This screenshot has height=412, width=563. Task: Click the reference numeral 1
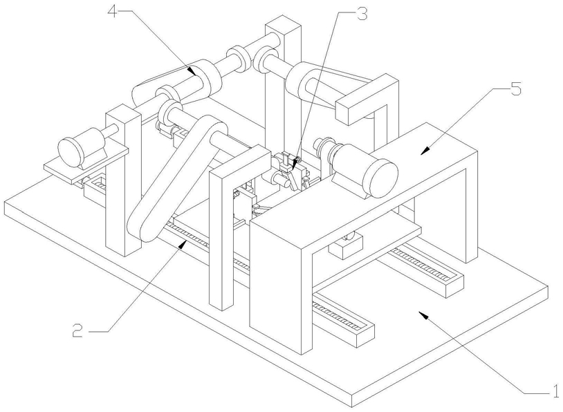tap(555, 391)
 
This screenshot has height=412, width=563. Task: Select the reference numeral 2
tap(77, 330)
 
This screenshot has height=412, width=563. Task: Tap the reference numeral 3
tap(362, 15)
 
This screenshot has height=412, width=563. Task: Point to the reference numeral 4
tap(113, 12)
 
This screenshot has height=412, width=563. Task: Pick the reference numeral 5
tap(515, 89)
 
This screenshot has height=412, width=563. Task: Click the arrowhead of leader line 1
tap(424, 315)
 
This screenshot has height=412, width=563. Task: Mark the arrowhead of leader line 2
tap(183, 245)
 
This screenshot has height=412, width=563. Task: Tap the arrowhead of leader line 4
tap(192, 71)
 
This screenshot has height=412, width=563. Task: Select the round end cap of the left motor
tap(71, 153)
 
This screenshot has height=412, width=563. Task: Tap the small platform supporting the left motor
tap(86, 165)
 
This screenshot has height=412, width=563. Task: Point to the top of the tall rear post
tap(283, 25)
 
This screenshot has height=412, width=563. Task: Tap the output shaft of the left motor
tap(111, 130)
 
